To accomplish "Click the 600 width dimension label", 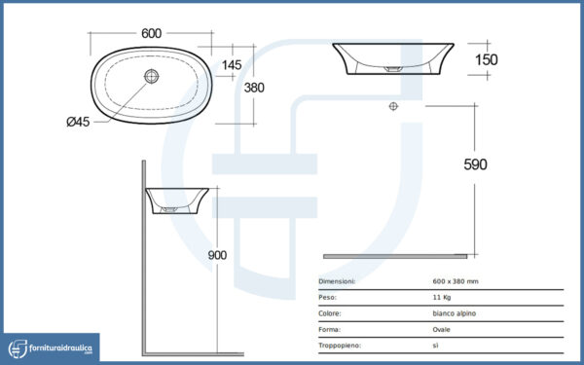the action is point(151,33).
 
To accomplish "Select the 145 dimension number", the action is point(232,65).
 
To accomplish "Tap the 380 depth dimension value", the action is point(254,88).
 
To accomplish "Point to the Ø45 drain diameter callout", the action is point(78,122).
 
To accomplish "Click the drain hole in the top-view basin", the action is point(152,76).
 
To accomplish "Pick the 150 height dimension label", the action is point(487,59).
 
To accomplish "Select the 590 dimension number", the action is point(475,164).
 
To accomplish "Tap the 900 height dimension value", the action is point(217,255).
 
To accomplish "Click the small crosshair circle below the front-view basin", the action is point(393,106).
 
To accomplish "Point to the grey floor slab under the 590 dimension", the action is point(395,256).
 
